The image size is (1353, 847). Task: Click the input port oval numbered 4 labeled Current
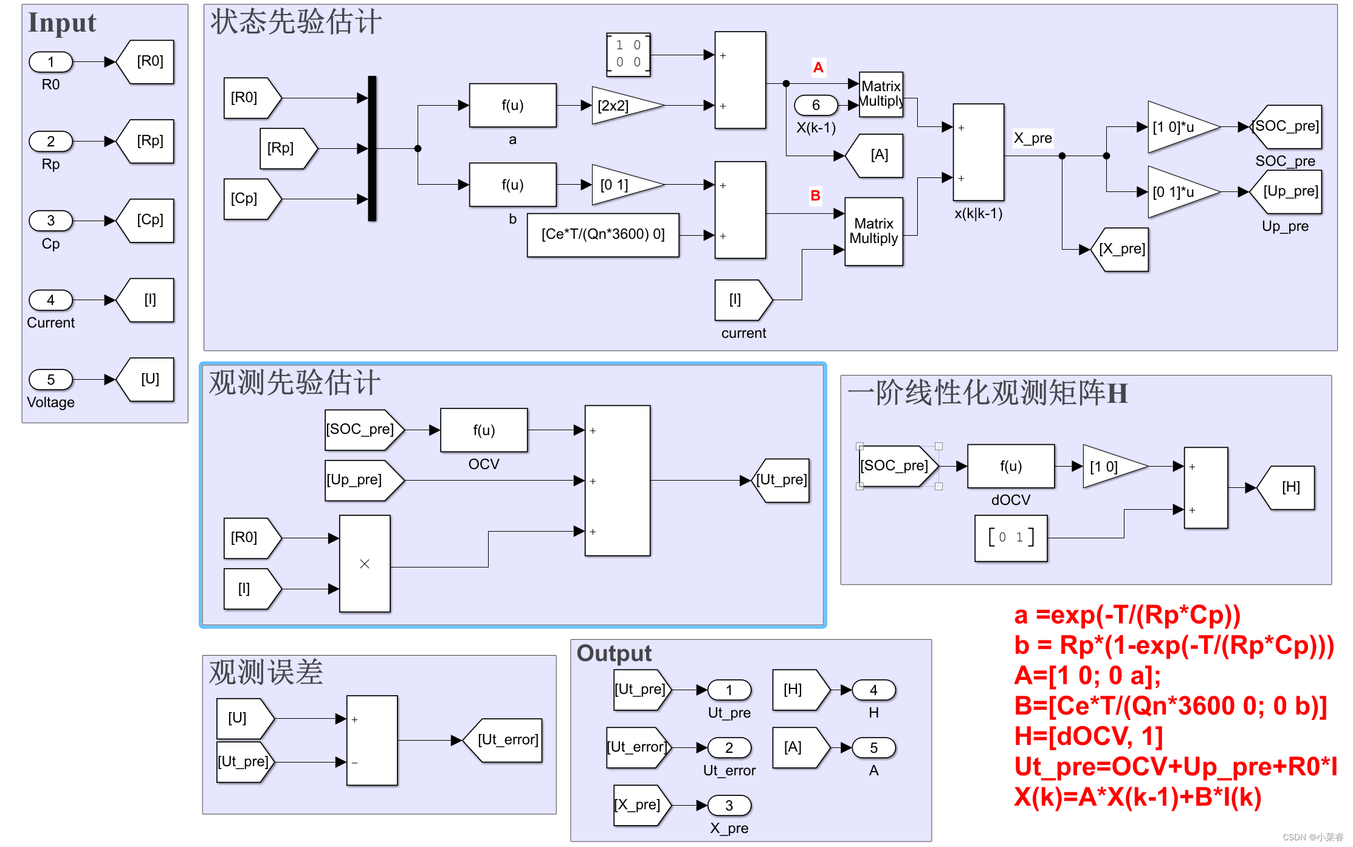click(x=51, y=300)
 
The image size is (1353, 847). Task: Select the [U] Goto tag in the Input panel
click(x=149, y=379)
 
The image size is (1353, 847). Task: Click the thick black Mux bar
click(x=372, y=148)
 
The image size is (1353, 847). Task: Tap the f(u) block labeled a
click(x=512, y=105)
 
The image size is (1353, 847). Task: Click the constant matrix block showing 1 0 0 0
click(x=628, y=54)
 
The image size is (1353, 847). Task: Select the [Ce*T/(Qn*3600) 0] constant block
click(x=603, y=235)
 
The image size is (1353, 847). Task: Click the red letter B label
click(x=815, y=196)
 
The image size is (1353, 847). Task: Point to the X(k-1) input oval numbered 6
click(x=816, y=106)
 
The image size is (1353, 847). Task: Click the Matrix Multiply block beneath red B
click(x=873, y=231)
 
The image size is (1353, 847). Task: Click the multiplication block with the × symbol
click(x=365, y=563)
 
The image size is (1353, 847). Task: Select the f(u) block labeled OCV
click(x=484, y=430)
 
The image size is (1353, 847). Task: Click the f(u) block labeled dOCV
click(x=1010, y=466)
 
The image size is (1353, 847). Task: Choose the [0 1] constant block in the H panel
click(x=1010, y=538)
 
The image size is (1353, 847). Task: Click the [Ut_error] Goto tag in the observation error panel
click(x=505, y=740)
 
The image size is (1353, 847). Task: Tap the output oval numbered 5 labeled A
click(x=873, y=748)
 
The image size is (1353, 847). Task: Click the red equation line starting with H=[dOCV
click(x=1088, y=736)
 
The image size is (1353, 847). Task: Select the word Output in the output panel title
click(x=614, y=653)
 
